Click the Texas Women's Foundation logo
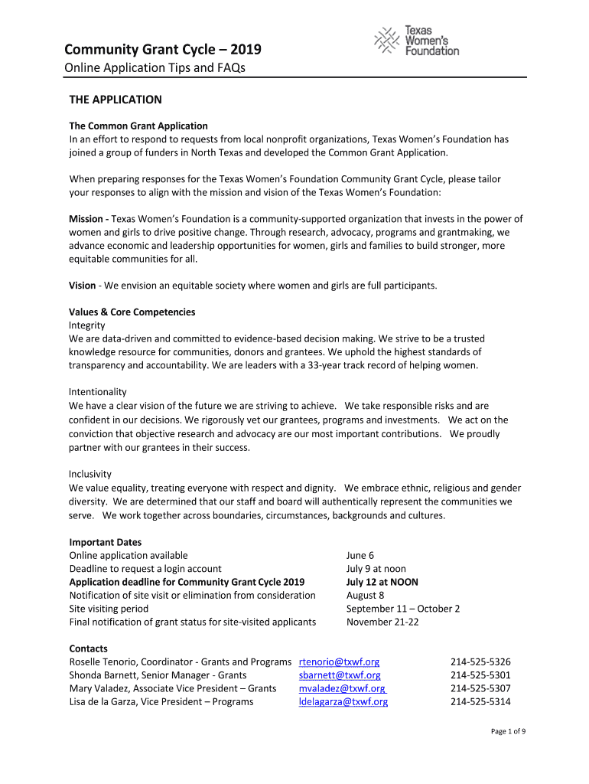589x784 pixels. pos(416,41)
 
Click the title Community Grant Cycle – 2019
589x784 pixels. pos(162,50)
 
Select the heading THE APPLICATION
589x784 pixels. pos(116,100)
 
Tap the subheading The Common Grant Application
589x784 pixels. pos(138,126)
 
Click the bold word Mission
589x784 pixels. pos(86,219)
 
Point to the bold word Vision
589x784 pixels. pos(83,286)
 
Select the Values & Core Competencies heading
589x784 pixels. pos(132,312)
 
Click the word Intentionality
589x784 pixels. pos(98,392)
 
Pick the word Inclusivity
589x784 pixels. pos(90,475)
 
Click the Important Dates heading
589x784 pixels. pos(106,542)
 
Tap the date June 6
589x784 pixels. pos(360,555)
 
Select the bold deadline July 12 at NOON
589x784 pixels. pos(382,582)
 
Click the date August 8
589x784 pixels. pos(366,595)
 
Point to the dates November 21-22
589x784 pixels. pos(382,622)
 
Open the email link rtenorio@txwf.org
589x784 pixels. pos(339,661)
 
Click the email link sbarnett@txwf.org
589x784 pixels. pos(340,675)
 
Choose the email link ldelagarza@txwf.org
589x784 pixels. pos(343,701)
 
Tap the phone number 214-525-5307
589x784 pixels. pos(480,688)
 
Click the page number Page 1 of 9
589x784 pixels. pos(508,731)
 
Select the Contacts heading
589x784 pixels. pos(89,648)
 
